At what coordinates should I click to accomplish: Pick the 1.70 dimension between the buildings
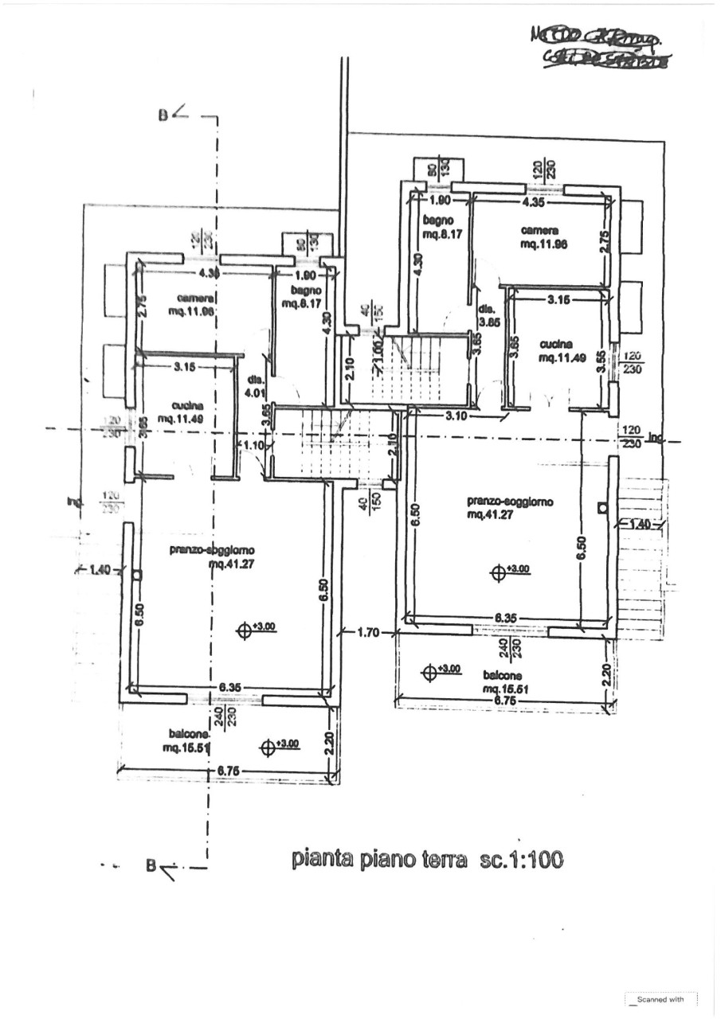[366, 633]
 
